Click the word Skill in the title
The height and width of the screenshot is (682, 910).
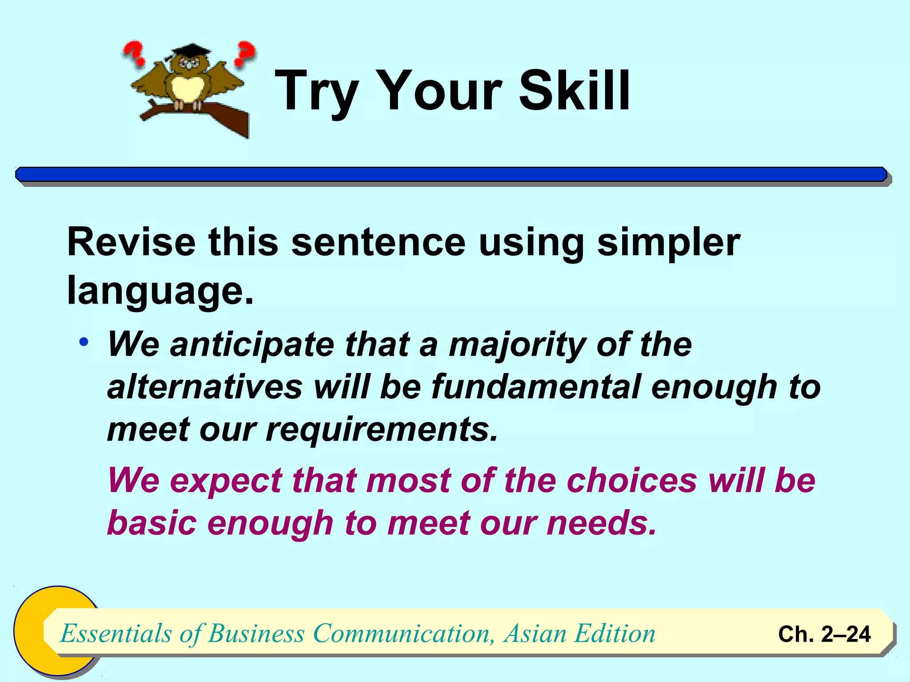click(574, 91)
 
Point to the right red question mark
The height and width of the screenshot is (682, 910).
click(245, 52)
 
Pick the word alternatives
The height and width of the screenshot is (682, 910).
click(205, 387)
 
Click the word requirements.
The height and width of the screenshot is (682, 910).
click(382, 430)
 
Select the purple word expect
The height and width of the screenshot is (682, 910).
click(226, 481)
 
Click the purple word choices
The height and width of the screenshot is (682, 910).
click(632, 480)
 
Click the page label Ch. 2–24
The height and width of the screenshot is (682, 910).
click(824, 634)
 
